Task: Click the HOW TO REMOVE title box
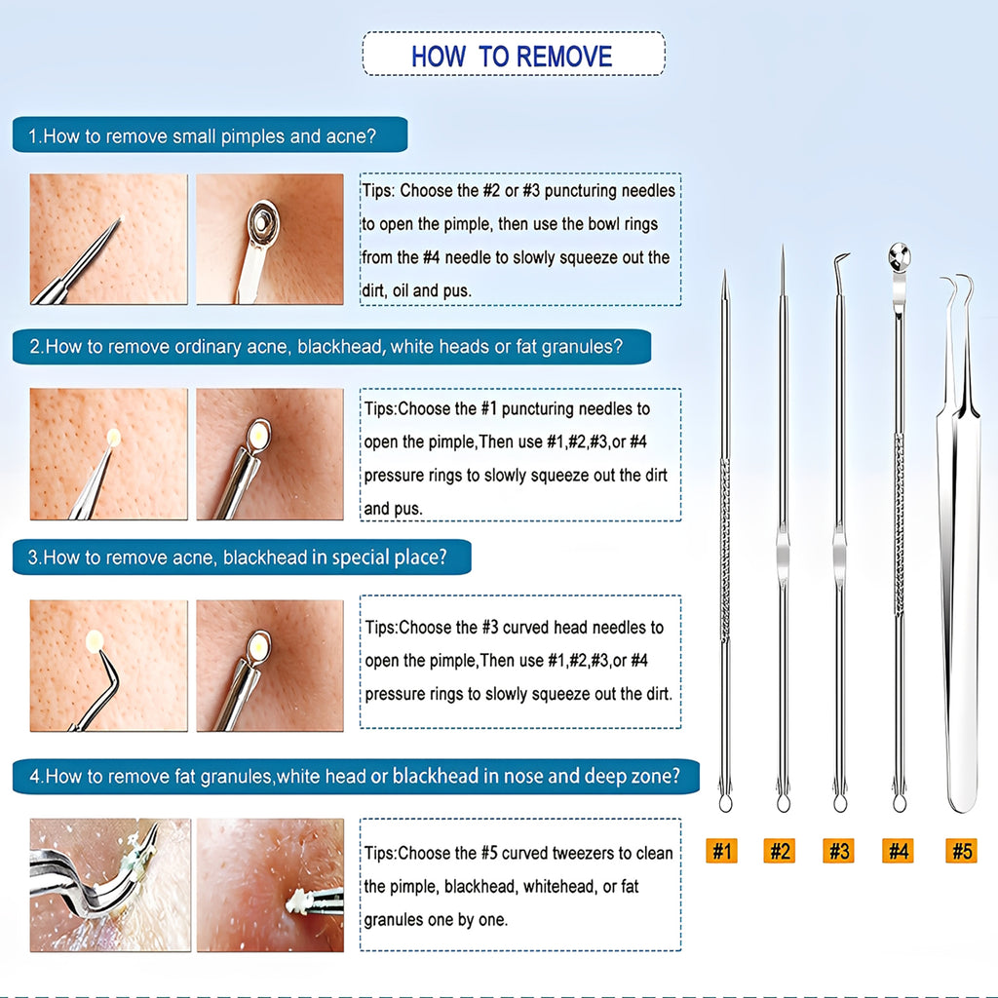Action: (x=513, y=55)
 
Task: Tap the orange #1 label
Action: (x=720, y=851)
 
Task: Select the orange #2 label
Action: (x=780, y=851)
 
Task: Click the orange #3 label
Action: (x=839, y=851)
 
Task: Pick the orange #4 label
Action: (x=898, y=851)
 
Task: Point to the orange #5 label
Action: (x=961, y=851)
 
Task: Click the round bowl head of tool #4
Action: (x=899, y=257)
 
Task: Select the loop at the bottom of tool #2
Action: (x=783, y=802)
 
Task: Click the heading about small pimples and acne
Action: (x=209, y=135)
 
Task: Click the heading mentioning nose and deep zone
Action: (x=356, y=777)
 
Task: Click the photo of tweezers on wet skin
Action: (x=109, y=885)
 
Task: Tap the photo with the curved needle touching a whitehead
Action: (x=108, y=665)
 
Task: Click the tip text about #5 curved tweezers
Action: (x=519, y=886)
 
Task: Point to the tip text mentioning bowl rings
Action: (x=519, y=241)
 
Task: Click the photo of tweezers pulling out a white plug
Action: (x=270, y=885)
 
